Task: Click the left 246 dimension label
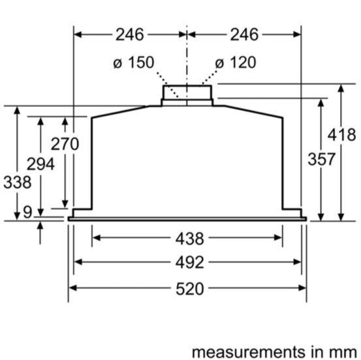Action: pyautogui.click(x=131, y=34)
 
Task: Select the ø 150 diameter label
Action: pyautogui.click(x=134, y=63)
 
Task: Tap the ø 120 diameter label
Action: pyautogui.click(x=235, y=63)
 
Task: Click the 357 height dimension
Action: pyautogui.click(x=322, y=158)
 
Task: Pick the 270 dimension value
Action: pyautogui.click(x=65, y=144)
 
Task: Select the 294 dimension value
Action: pyautogui.click(x=40, y=164)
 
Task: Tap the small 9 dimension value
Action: pyautogui.click(x=27, y=211)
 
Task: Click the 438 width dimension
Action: pyautogui.click(x=187, y=237)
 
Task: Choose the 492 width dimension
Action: pyautogui.click(x=187, y=262)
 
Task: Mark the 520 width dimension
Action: pyautogui.click(x=187, y=288)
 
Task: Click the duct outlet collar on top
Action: pyautogui.click(x=187, y=93)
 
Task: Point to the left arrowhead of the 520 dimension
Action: pyautogui.click(x=72, y=288)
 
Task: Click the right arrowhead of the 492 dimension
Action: pyautogui.click(x=298, y=262)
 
